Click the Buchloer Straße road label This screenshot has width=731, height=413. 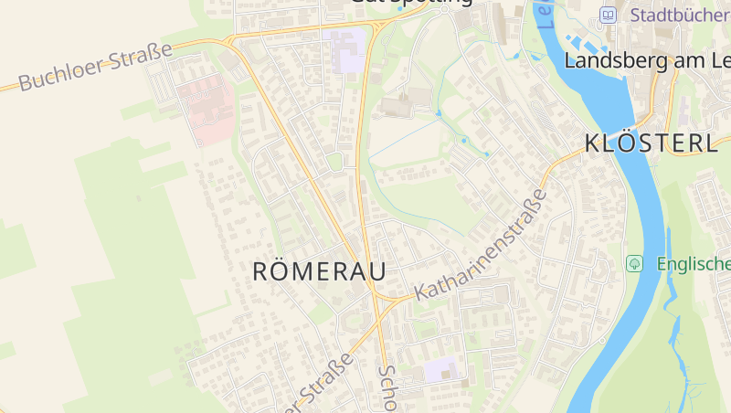[x=95, y=67]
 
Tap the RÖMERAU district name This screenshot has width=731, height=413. [x=318, y=271]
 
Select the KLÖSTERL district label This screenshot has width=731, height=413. [x=651, y=143]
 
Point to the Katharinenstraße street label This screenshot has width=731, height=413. [x=482, y=245]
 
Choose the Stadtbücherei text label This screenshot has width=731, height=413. [x=680, y=15]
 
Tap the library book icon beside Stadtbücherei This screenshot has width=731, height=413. [x=609, y=15]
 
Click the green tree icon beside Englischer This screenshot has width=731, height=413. [x=634, y=263]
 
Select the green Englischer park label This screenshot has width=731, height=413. [x=693, y=264]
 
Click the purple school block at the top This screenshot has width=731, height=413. [x=347, y=50]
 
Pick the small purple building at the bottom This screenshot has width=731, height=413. [x=441, y=370]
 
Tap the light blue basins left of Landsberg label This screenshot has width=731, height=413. [x=580, y=42]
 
